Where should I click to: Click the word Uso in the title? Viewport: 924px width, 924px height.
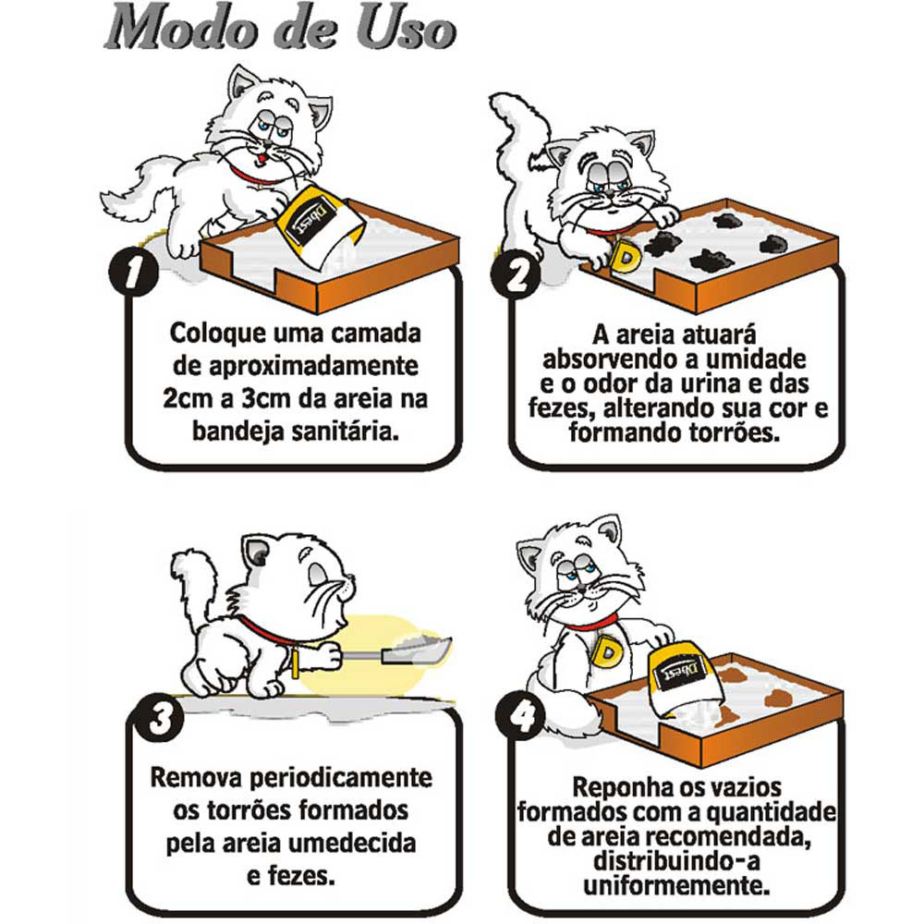pyautogui.click(x=407, y=28)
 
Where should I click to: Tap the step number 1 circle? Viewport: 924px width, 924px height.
pyautogui.click(x=134, y=273)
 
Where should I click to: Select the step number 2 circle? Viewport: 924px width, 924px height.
pyautogui.click(x=517, y=275)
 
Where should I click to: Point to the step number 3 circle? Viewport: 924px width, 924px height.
pyautogui.click(x=159, y=718)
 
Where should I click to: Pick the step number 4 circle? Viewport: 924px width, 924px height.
pyautogui.click(x=520, y=717)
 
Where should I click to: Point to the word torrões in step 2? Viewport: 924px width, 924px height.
pyautogui.click(x=735, y=433)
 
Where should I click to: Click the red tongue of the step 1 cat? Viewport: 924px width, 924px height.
pyautogui.click(x=261, y=159)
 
